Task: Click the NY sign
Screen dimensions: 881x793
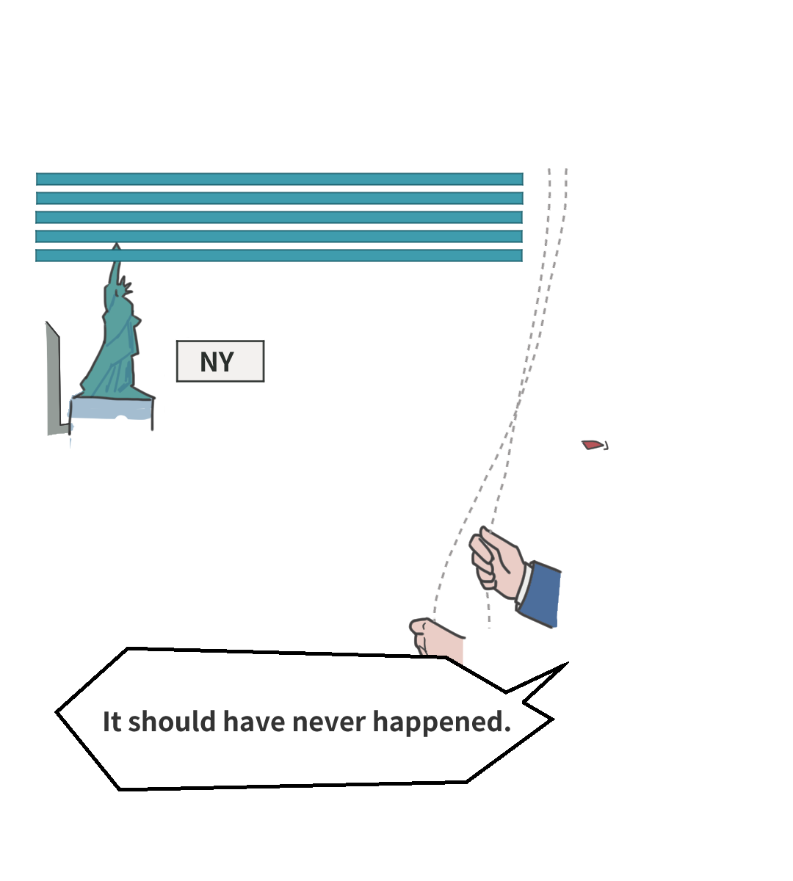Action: pos(220,361)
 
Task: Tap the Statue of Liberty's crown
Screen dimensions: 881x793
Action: pos(126,285)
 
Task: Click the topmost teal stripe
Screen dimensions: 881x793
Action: pos(279,179)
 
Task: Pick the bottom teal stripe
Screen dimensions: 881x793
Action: pos(279,255)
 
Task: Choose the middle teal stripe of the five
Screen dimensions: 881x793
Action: pos(279,217)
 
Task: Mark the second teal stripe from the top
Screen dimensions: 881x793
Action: pos(279,198)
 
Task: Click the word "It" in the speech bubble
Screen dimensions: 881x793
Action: pos(112,722)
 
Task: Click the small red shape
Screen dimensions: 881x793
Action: pos(593,444)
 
